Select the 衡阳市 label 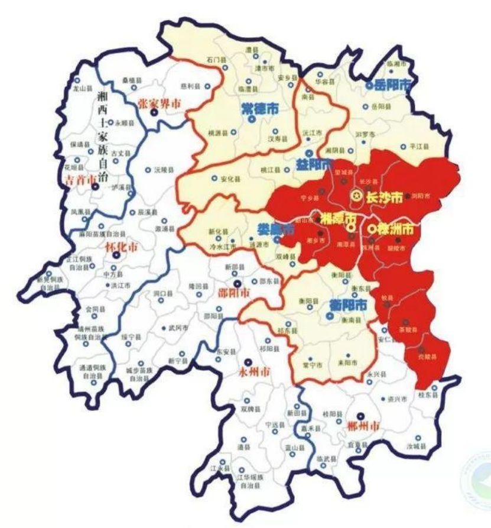346,305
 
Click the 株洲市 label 394,228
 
